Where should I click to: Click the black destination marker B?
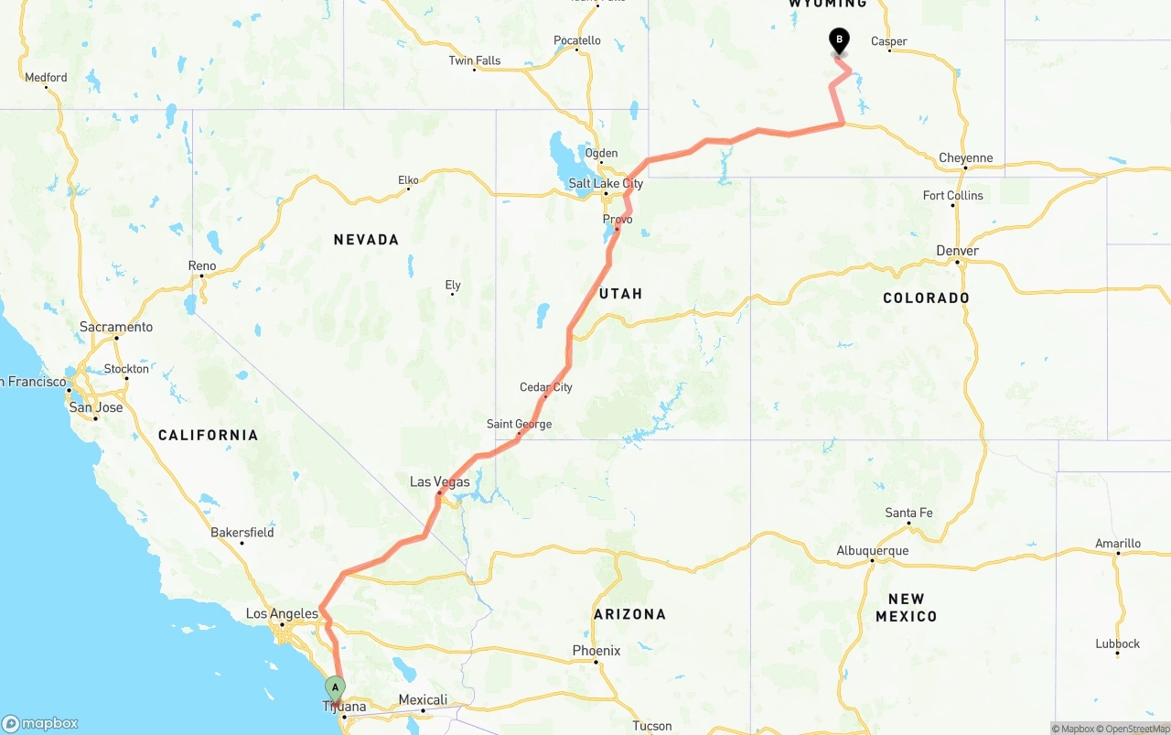(x=839, y=40)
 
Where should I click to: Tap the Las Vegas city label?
(x=439, y=482)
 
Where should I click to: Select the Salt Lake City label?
(x=606, y=184)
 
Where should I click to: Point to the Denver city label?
(x=958, y=251)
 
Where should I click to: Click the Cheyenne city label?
(x=965, y=158)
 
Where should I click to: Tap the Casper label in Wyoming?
(x=889, y=41)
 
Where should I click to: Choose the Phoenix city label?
(x=596, y=651)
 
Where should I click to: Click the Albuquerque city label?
(x=873, y=551)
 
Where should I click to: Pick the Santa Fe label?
(x=908, y=513)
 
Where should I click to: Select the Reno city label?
(x=202, y=266)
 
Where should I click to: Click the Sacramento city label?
(x=116, y=327)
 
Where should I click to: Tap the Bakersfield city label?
(x=242, y=532)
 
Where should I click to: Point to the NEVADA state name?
(x=366, y=240)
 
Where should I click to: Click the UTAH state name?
(x=621, y=294)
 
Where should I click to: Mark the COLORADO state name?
(x=926, y=298)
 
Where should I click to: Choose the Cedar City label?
(x=546, y=387)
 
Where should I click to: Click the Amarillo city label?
(x=1118, y=544)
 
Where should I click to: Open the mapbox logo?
(x=40, y=723)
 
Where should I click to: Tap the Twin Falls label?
(x=475, y=61)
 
